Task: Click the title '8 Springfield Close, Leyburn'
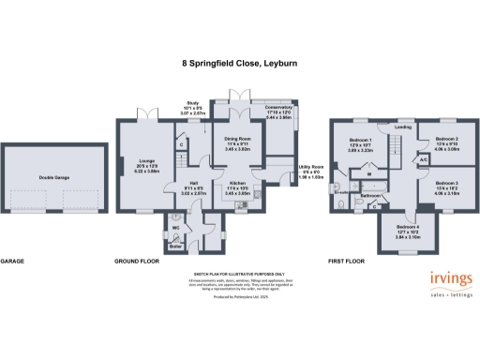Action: coord(239,65)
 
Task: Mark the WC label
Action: coord(175,227)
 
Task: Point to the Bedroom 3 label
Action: coord(445,184)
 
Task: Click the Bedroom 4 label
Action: coord(406,228)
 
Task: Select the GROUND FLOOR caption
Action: coord(134,261)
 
